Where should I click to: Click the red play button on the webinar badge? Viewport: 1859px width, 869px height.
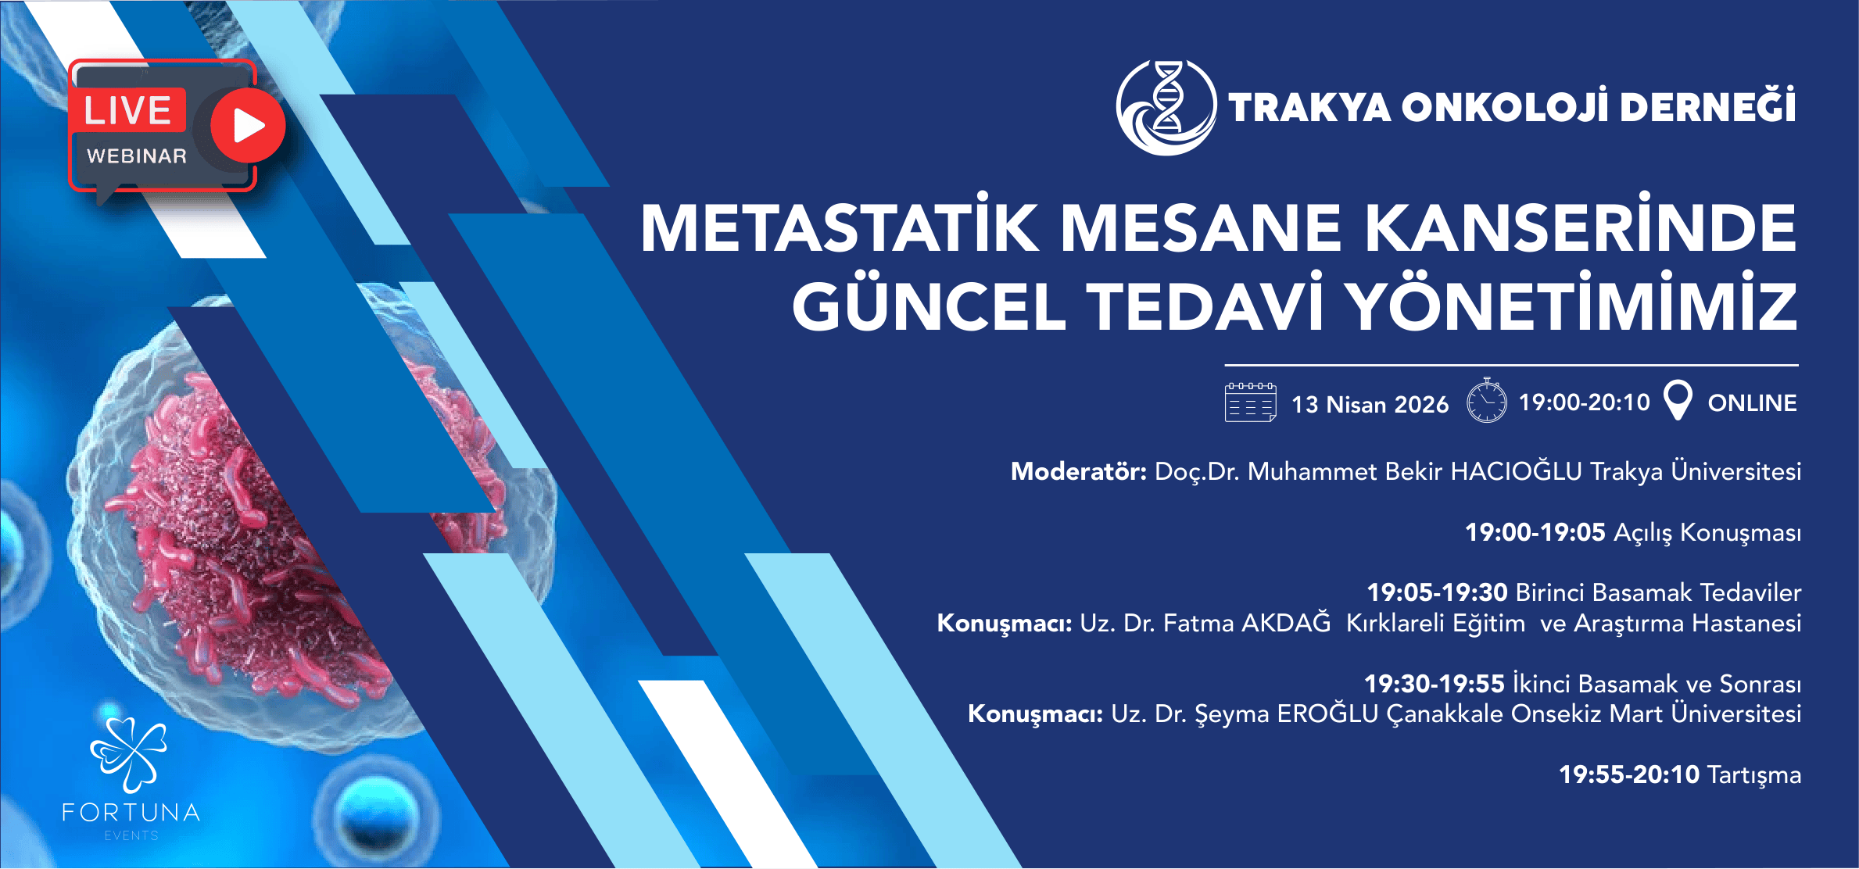[249, 125]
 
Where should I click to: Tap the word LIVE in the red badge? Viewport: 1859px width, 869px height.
[127, 110]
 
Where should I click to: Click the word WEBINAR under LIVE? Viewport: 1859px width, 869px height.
[137, 156]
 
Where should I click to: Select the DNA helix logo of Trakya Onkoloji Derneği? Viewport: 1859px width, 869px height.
[1166, 107]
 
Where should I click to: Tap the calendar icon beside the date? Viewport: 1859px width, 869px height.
[1251, 402]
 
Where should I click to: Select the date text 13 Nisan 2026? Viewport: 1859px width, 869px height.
[1370, 404]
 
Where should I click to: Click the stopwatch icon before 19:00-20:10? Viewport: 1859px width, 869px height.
[1486, 401]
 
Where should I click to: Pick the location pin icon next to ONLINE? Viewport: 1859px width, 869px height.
[1678, 400]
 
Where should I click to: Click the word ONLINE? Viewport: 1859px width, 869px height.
[1752, 403]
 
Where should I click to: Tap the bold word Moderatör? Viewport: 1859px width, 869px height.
[1078, 471]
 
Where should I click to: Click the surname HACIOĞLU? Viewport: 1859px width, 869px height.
[1516, 470]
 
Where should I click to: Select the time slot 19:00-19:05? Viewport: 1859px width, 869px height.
[1535, 532]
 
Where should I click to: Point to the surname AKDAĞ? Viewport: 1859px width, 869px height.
[1286, 622]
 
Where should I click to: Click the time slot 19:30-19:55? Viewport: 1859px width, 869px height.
[1435, 684]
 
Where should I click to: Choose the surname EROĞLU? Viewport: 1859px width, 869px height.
[1327, 713]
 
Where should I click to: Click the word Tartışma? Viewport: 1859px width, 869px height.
[1754, 775]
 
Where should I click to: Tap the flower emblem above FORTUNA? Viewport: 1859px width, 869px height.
[130, 755]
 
